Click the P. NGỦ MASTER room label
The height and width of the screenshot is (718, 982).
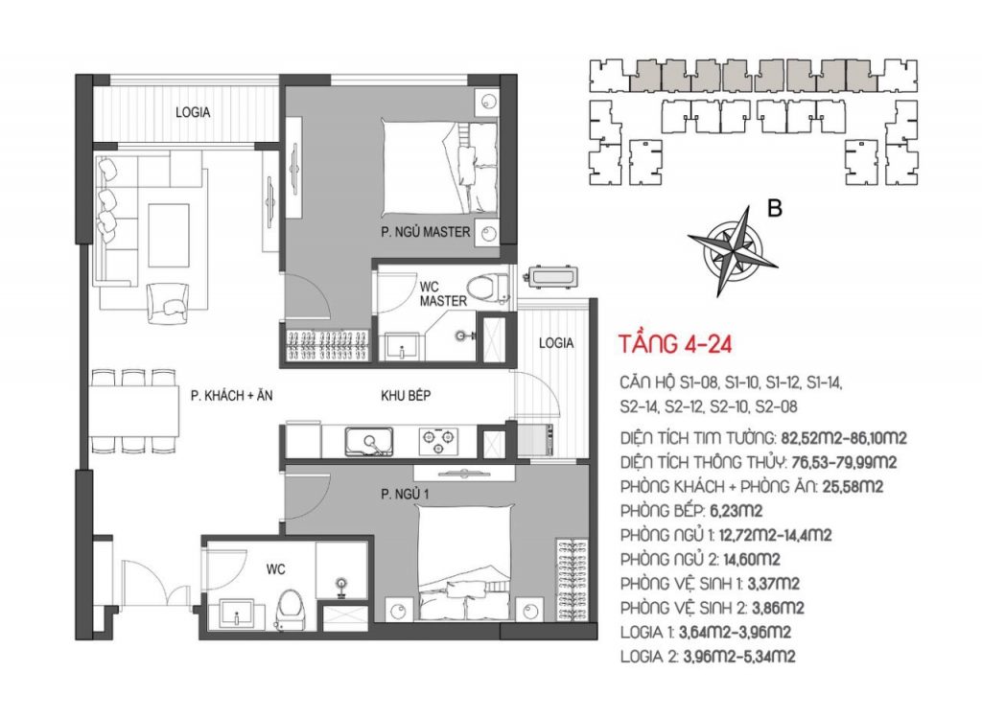tap(425, 232)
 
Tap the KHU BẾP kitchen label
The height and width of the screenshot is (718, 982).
tap(406, 396)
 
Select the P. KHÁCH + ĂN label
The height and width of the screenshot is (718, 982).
tap(232, 396)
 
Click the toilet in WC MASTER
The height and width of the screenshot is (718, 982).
tap(487, 288)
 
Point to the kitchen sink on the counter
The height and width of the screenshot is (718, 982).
tap(369, 442)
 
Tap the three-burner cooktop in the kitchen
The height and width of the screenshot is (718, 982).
tap(438, 441)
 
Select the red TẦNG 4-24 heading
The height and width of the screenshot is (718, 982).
tap(676, 344)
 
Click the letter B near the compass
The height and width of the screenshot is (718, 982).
tap(775, 208)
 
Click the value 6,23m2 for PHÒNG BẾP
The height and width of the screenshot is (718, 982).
tap(736, 511)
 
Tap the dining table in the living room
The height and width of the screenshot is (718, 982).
tap(134, 411)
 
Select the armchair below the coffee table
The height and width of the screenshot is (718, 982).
tap(167, 304)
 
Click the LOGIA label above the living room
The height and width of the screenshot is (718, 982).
tap(193, 113)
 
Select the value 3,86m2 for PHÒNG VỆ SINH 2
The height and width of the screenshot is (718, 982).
tap(778, 608)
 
